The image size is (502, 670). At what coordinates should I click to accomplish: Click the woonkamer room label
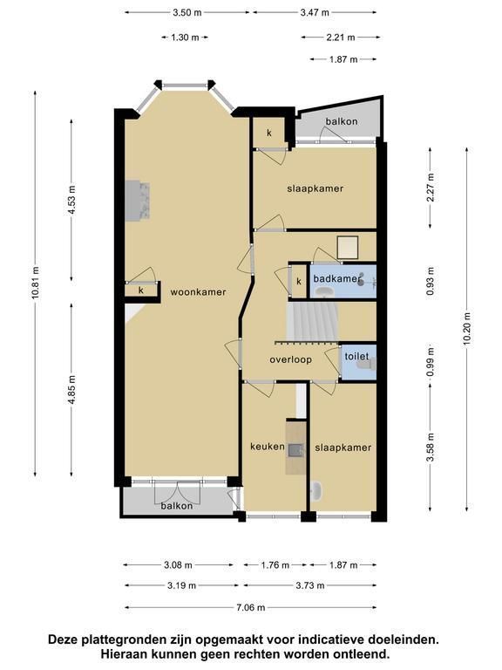click(198, 292)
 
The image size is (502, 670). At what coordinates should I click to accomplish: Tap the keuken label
click(268, 447)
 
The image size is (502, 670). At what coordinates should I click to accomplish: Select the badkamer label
click(336, 279)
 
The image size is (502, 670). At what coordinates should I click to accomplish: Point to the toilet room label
click(356, 356)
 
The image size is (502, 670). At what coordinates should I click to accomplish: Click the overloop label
click(291, 359)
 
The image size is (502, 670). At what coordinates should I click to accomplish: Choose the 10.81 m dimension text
click(36, 283)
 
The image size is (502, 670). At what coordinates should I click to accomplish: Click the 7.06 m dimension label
click(251, 607)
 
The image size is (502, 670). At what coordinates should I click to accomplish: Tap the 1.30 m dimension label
click(185, 38)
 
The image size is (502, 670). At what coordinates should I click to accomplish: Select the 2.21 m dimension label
click(341, 38)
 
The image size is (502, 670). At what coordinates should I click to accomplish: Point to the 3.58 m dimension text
click(431, 447)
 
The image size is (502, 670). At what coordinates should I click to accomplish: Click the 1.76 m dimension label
click(275, 565)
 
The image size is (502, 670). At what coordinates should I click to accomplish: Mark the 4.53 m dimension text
click(71, 200)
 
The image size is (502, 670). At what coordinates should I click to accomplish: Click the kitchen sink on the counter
click(295, 450)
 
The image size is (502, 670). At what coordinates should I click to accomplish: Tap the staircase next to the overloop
click(314, 322)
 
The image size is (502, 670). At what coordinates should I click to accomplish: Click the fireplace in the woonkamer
click(138, 201)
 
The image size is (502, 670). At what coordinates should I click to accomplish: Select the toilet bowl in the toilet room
click(366, 364)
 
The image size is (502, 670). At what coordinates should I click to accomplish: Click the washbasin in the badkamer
click(326, 291)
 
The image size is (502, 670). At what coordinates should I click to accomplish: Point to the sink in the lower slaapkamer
click(316, 491)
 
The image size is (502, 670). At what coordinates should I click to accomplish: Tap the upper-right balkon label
click(342, 122)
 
